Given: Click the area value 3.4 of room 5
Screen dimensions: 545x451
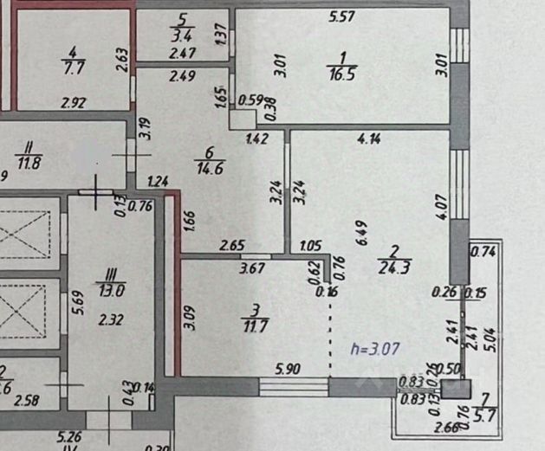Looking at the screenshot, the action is [x=182, y=35].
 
